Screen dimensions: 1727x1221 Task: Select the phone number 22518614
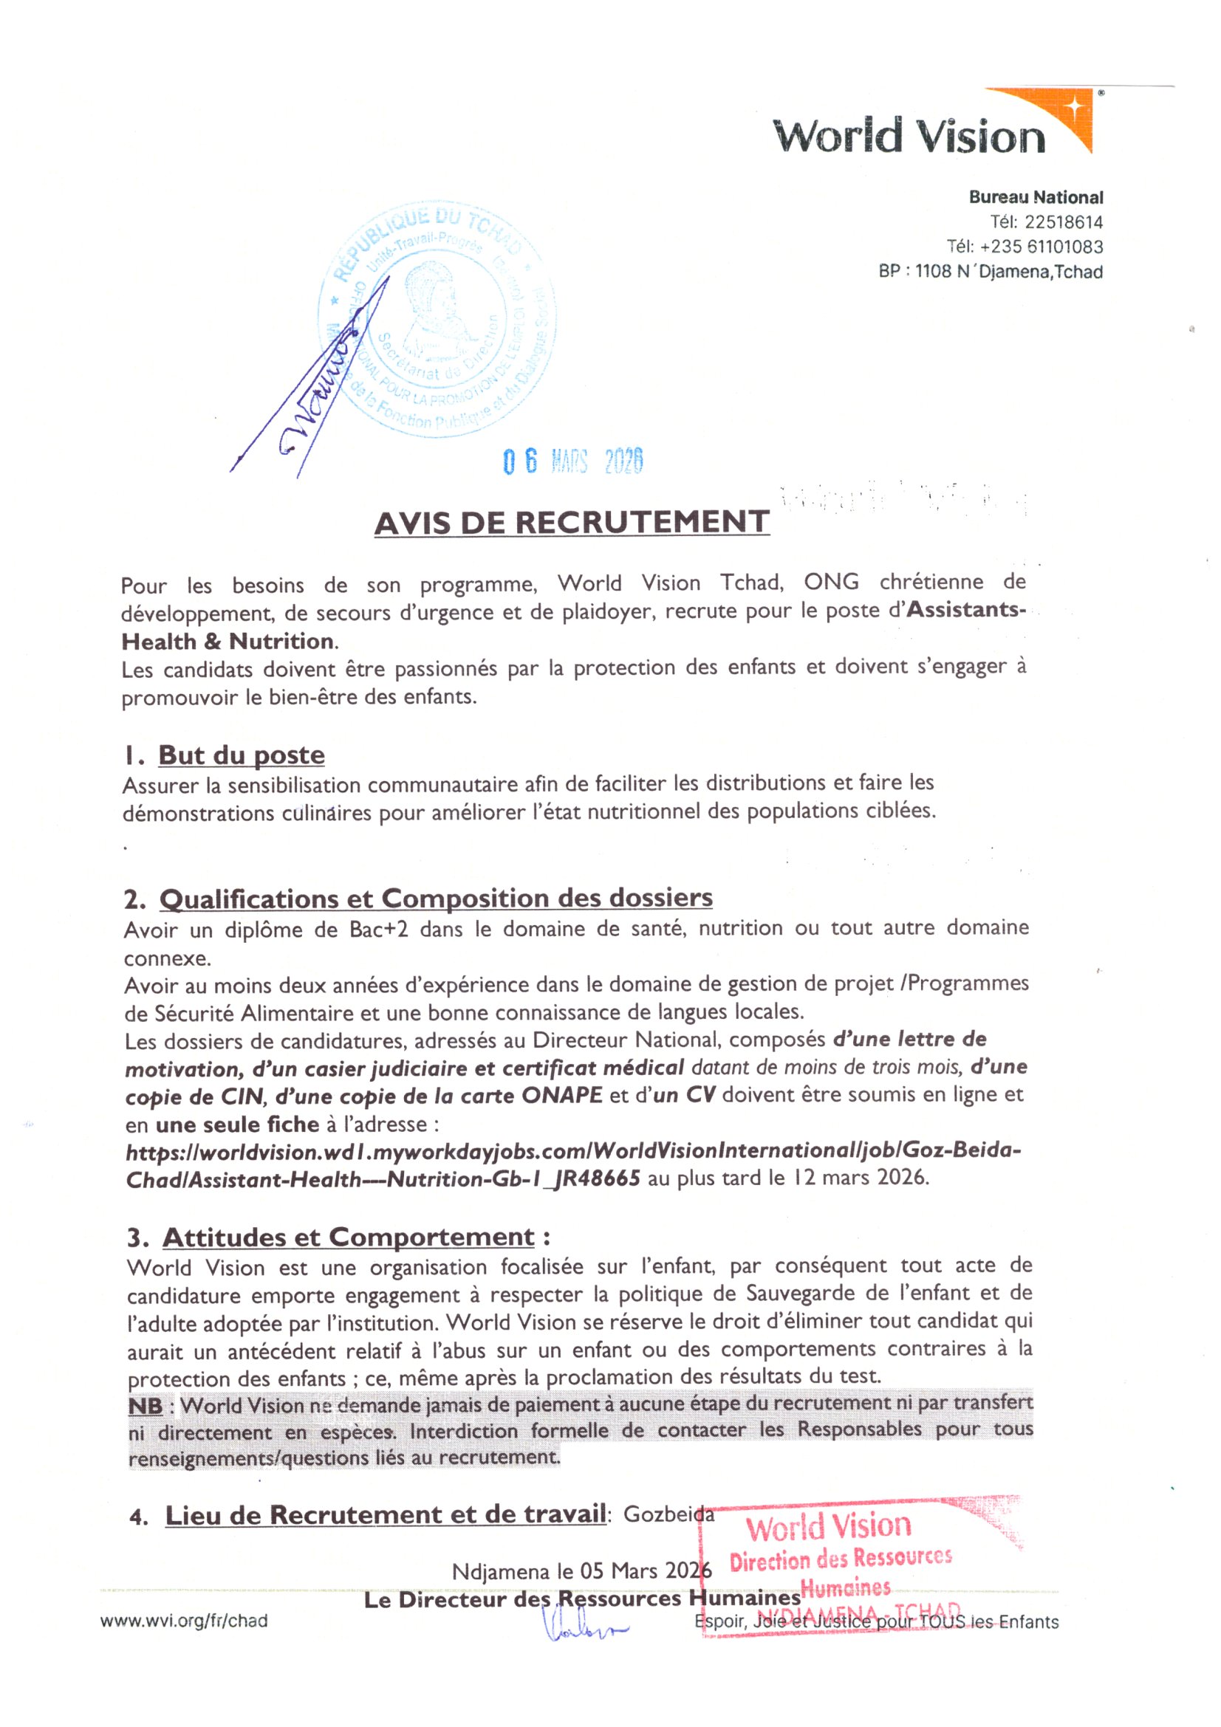click(1063, 222)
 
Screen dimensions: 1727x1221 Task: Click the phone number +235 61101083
click(1042, 247)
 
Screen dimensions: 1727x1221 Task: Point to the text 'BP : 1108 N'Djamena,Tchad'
click(990, 272)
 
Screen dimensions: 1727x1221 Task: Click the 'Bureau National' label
click(1035, 197)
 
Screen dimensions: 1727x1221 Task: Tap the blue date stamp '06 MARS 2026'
click(572, 460)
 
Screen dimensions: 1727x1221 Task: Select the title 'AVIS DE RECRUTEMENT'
click(572, 523)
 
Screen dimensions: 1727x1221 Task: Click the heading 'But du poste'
click(241, 755)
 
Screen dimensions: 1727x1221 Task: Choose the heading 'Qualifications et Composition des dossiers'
click(436, 898)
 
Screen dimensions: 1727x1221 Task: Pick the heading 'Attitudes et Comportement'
click(349, 1237)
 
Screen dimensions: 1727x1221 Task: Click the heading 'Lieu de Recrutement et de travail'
click(385, 1515)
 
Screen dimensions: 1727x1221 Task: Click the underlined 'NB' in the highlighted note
click(146, 1405)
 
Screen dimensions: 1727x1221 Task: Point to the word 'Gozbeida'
click(668, 1514)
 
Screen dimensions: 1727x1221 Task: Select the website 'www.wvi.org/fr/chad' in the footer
click(184, 1621)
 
